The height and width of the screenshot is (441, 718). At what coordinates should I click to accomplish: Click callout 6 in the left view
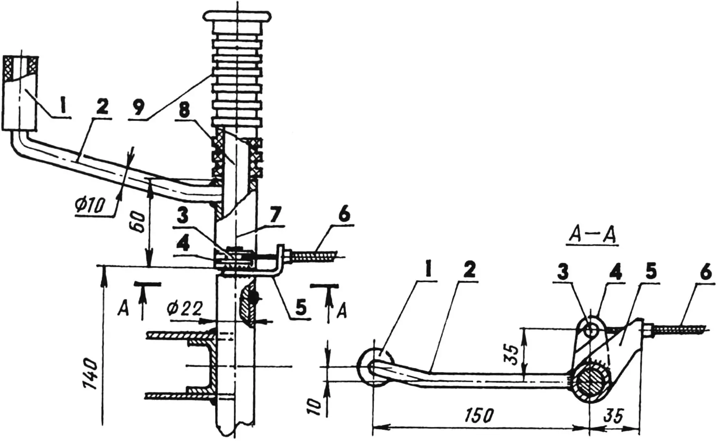[344, 215]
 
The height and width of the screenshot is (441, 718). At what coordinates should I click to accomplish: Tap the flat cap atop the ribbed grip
[237, 16]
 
